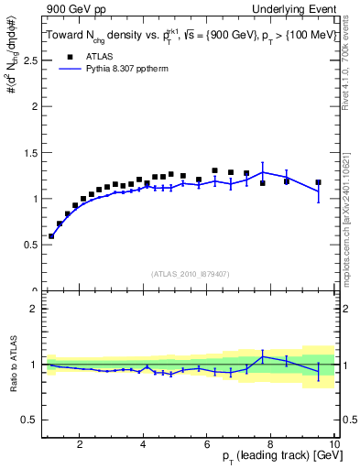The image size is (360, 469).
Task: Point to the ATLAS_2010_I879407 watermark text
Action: click(190, 274)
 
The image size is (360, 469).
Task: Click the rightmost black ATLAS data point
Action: click(318, 182)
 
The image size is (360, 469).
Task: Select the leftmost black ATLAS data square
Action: click(51, 235)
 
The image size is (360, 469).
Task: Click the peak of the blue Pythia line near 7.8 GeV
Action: click(263, 172)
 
